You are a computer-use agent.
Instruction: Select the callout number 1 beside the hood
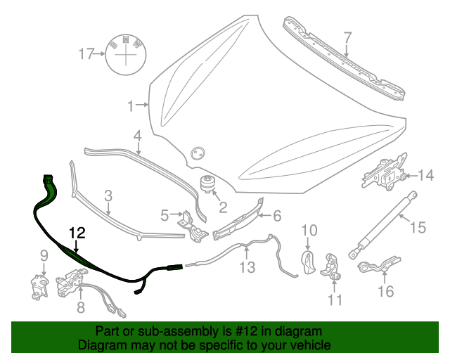pyautogui.click(x=130, y=106)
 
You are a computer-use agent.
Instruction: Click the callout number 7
pyautogui.click(x=347, y=37)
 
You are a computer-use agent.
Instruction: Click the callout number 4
pyautogui.click(x=138, y=135)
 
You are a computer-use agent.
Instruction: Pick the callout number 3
pyautogui.click(x=108, y=195)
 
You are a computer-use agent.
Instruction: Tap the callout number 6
pyautogui.click(x=276, y=216)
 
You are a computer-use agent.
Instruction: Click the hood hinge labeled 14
pyautogui.click(x=383, y=175)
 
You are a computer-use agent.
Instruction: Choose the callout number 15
pyautogui.click(x=418, y=228)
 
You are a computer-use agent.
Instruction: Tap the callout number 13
pyautogui.click(x=247, y=267)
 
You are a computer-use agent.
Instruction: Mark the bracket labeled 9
pyautogui.click(x=38, y=284)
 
